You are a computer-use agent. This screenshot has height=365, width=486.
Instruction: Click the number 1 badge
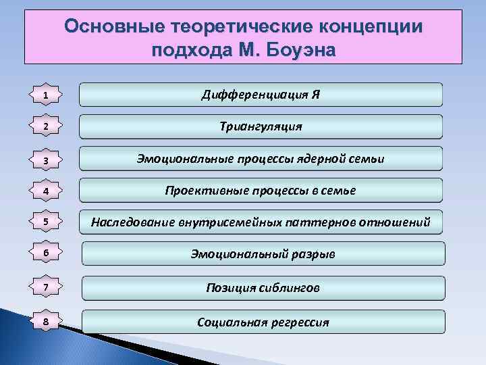point(45,96)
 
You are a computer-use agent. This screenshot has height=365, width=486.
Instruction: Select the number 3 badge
point(45,160)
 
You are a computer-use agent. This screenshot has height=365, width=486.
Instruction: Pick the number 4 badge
point(45,191)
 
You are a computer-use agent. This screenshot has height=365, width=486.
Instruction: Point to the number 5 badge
point(45,222)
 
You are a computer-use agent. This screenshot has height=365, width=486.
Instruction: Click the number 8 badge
point(45,322)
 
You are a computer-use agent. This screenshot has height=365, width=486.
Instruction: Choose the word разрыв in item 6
point(314,255)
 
